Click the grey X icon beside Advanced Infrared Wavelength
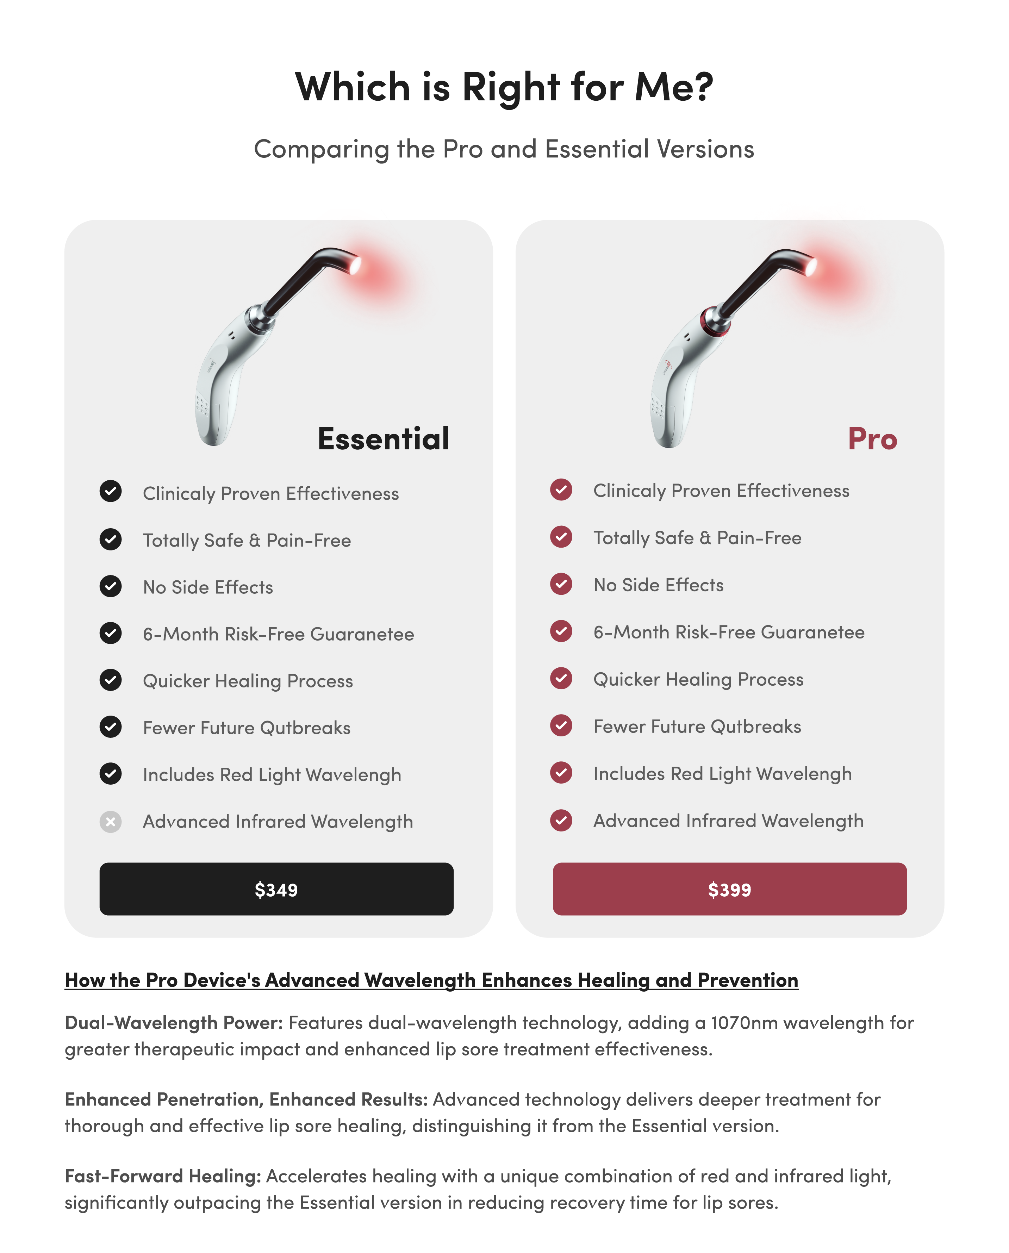coord(111,822)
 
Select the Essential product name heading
coord(383,439)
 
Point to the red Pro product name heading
coord(872,439)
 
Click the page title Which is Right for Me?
coord(504,87)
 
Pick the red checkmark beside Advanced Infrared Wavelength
coord(561,820)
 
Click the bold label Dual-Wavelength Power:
coord(174,1023)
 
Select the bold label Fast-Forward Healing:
coord(163,1176)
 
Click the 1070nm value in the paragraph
coord(744,1023)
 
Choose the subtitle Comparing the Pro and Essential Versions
coord(504,149)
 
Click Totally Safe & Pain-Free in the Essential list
coord(247,541)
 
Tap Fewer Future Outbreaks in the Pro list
coord(697,727)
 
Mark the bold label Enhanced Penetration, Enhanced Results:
coord(246,1099)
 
